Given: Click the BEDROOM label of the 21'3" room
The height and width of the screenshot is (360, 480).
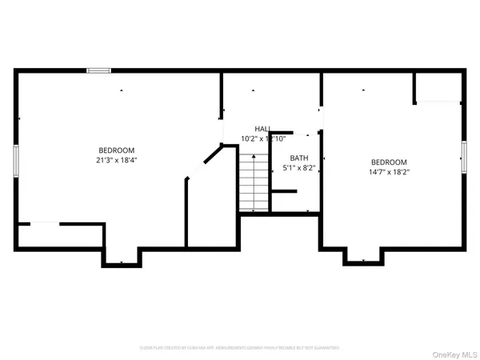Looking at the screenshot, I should click(x=116, y=150).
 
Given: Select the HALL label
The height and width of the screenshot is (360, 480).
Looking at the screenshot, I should click(x=262, y=129).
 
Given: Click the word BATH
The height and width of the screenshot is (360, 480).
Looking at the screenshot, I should click(x=299, y=158).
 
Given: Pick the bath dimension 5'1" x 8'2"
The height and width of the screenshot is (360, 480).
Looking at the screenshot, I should click(x=299, y=168).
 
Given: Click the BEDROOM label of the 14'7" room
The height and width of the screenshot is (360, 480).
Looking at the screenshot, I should click(x=388, y=162).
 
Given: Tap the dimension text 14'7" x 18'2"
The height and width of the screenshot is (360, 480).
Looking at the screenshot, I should click(x=388, y=171).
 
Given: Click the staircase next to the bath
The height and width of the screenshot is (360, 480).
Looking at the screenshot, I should click(x=253, y=183).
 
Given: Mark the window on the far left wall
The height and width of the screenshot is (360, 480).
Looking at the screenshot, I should click(x=15, y=158).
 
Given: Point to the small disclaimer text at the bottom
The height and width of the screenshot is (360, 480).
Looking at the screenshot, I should click(x=240, y=348).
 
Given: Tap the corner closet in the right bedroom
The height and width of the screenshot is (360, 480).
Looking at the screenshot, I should click(x=438, y=87).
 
